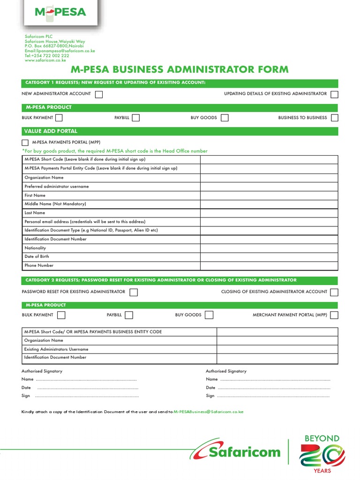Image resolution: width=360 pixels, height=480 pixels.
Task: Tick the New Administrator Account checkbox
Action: pyautogui.click(x=99, y=94)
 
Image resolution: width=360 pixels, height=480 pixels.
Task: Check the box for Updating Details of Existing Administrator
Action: pyautogui.click(x=334, y=94)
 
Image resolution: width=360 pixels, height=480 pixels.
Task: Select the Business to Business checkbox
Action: pyautogui.click(x=335, y=118)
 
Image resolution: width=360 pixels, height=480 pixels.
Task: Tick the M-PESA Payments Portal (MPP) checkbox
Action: pyautogui.click(x=25, y=142)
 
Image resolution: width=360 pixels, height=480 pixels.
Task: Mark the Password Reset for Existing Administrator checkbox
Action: pyautogui.click(x=134, y=292)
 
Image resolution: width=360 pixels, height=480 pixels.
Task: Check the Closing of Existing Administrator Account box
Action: pyautogui.click(x=334, y=292)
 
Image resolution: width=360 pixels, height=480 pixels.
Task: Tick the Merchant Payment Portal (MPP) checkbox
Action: pyautogui.click(x=334, y=315)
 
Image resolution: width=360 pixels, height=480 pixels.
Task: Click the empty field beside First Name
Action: pyautogui.click(x=269, y=195)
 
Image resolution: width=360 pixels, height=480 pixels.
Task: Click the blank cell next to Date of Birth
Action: pyautogui.click(x=269, y=257)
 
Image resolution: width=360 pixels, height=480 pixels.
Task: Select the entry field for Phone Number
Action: pyautogui.click(x=269, y=266)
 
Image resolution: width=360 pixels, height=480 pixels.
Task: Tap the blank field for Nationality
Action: pyautogui.click(x=269, y=248)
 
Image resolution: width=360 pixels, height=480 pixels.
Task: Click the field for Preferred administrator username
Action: pyautogui.click(x=269, y=187)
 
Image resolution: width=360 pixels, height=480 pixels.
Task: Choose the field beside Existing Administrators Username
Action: pyautogui.click(x=277, y=349)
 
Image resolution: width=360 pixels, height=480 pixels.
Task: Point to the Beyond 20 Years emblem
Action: pyautogui.click(x=322, y=454)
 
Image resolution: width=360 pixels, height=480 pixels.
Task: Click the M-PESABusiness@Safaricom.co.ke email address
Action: pyautogui.click(x=209, y=412)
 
